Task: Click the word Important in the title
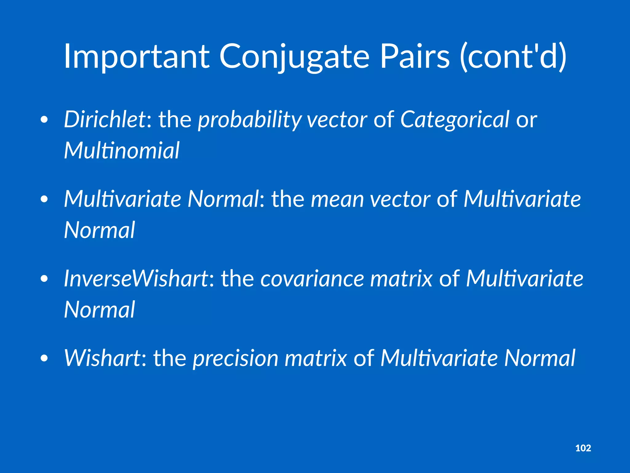(x=137, y=57)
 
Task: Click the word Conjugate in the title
(x=294, y=57)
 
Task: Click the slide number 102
(x=583, y=448)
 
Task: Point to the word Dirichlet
(x=105, y=119)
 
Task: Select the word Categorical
(x=455, y=119)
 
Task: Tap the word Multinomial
(x=122, y=151)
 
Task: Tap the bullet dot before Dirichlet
(x=44, y=120)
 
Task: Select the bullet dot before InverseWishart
(x=44, y=279)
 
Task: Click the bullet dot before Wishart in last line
(x=44, y=358)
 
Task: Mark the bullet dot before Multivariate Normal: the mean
(x=44, y=200)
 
